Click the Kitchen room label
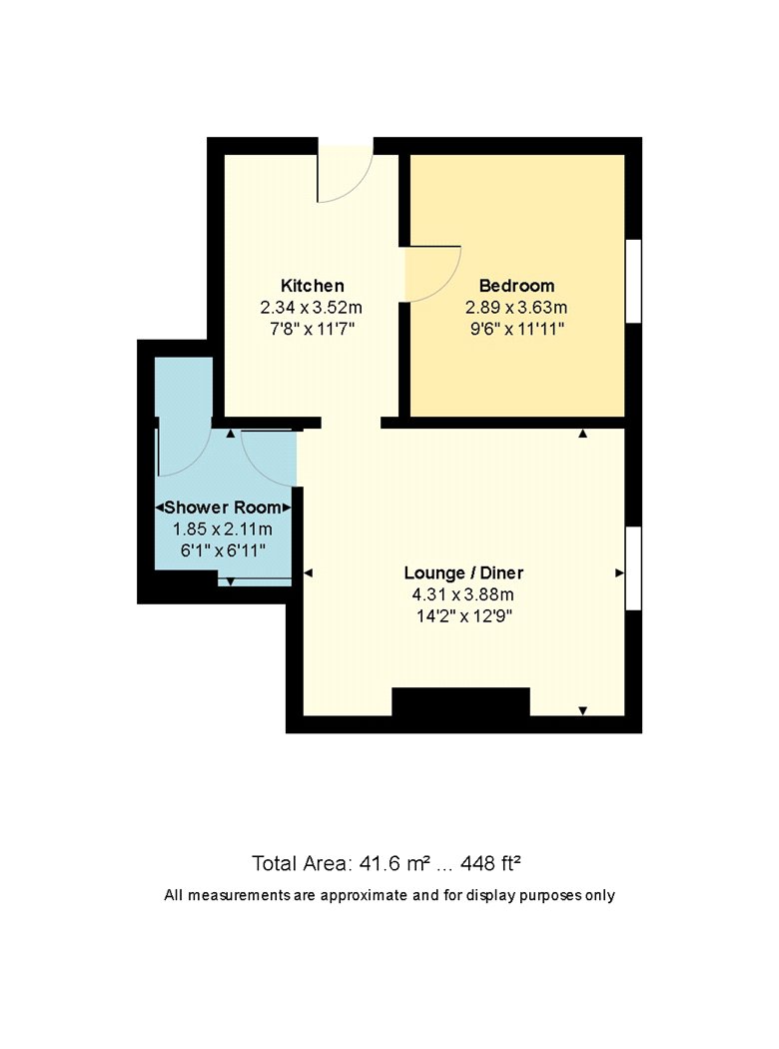(x=313, y=286)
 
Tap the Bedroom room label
(x=517, y=286)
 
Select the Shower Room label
(x=223, y=508)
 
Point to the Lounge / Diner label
(x=463, y=572)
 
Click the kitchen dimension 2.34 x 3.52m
(x=311, y=308)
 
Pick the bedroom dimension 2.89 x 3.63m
(x=516, y=308)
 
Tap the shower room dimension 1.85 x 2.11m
(x=223, y=529)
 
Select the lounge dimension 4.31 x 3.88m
(x=463, y=594)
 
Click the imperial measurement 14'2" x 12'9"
(x=463, y=616)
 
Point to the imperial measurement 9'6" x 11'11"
(x=516, y=329)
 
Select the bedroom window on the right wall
(x=633, y=282)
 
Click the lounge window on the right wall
(x=633, y=568)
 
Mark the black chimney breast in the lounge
(x=460, y=702)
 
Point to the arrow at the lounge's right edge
(x=620, y=572)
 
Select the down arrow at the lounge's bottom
(x=582, y=710)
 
